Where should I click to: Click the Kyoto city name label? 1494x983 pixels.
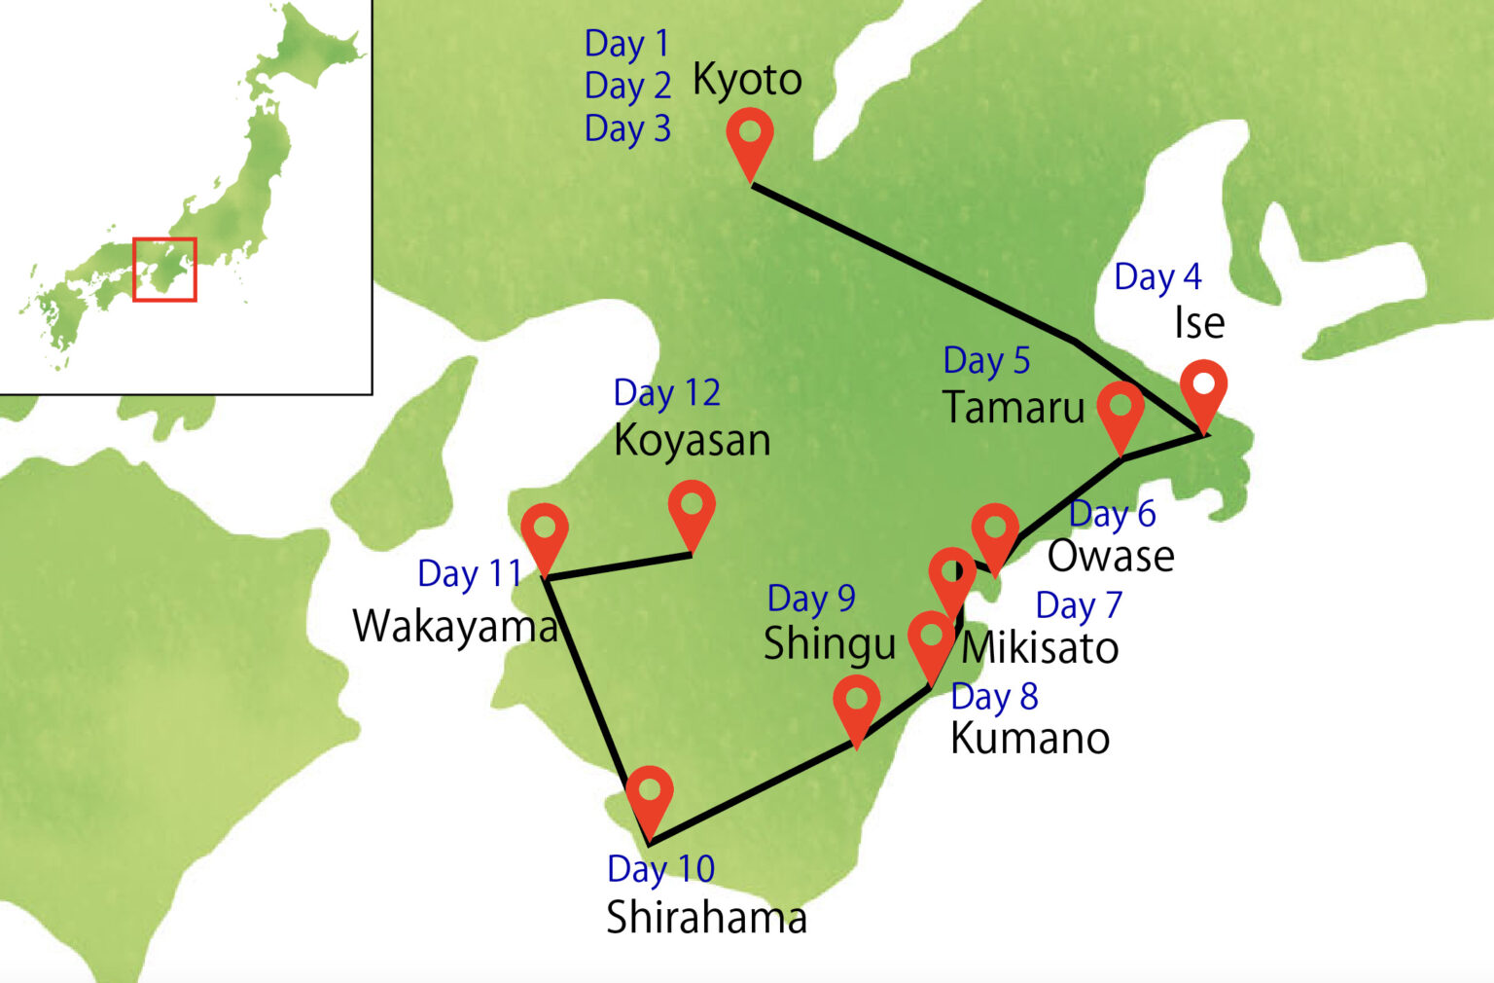tap(747, 80)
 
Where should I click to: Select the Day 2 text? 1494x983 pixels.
tap(627, 86)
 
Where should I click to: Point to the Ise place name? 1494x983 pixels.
tap(1198, 323)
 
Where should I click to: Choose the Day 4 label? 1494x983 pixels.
tap(1157, 277)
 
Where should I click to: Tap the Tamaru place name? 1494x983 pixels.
tap(1014, 407)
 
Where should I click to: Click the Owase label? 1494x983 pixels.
tap(1111, 557)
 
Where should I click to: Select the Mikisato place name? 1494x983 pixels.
tap(1040, 648)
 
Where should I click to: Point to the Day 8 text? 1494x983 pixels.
tap(994, 697)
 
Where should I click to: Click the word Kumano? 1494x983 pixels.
tap(1030, 739)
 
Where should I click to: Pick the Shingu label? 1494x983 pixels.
tap(829, 644)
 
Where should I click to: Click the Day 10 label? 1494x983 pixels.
tap(660, 868)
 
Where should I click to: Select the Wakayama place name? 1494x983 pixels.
tap(455, 626)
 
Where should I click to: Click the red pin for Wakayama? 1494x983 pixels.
tap(545, 531)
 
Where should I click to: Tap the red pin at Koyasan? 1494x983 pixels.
tap(692, 508)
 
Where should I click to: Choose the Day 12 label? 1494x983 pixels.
tap(666, 393)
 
